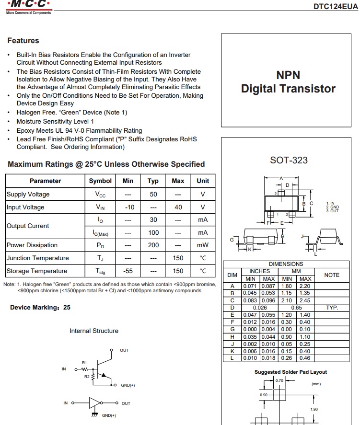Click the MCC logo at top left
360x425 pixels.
tap(27, 5)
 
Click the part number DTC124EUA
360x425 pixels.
tap(335, 6)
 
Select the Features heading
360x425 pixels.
tap(23, 41)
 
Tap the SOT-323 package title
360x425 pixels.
tap(289, 160)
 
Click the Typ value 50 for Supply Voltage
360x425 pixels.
tap(153, 195)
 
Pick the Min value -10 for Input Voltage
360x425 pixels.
tap(128, 207)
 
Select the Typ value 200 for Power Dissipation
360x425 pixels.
tap(153, 245)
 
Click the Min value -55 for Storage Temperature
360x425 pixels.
tap(128, 271)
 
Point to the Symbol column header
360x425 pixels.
tap(100, 181)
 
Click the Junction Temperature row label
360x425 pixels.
tap(37, 258)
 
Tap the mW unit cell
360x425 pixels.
tap(203, 245)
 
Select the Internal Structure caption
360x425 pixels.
tap(94, 331)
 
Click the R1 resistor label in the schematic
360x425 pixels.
tap(84, 363)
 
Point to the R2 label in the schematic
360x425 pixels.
tap(87, 377)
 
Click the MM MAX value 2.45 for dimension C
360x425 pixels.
tap(305, 300)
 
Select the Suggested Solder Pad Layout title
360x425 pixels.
tap(290, 372)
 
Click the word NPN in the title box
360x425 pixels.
tap(288, 75)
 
